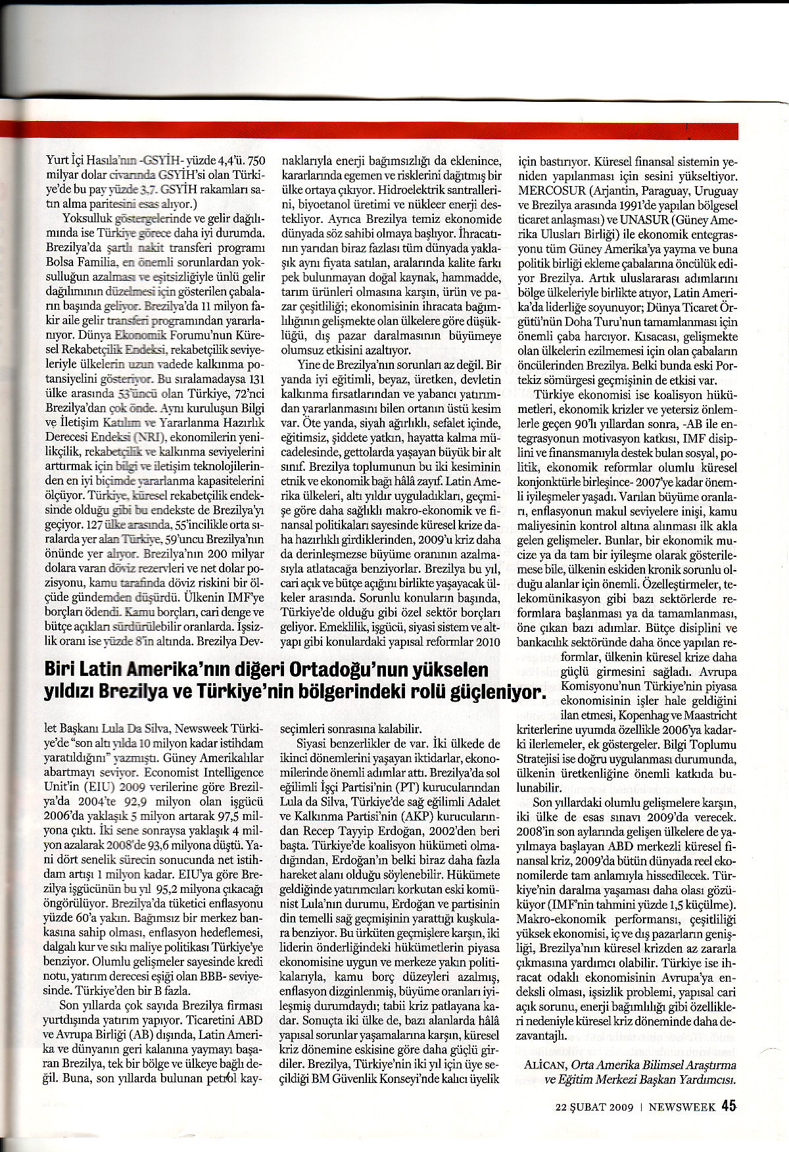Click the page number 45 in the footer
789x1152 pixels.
point(728,1107)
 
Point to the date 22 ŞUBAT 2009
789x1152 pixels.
point(595,1107)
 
